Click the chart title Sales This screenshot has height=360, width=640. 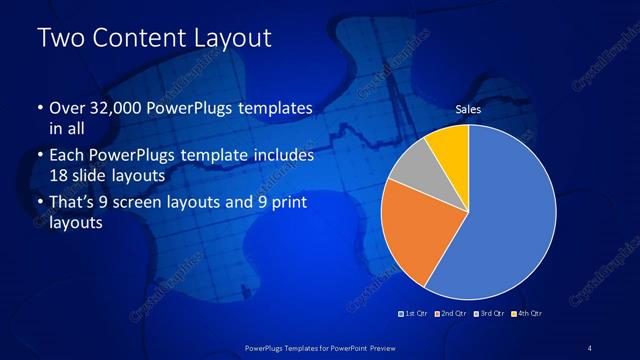[x=469, y=108]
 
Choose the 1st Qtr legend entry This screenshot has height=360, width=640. [x=414, y=314]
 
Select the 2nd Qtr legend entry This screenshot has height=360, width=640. [x=453, y=314]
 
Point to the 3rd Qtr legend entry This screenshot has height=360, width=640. [x=490, y=314]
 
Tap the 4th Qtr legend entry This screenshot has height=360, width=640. [x=528, y=314]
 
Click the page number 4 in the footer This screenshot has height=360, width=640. [x=590, y=347]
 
